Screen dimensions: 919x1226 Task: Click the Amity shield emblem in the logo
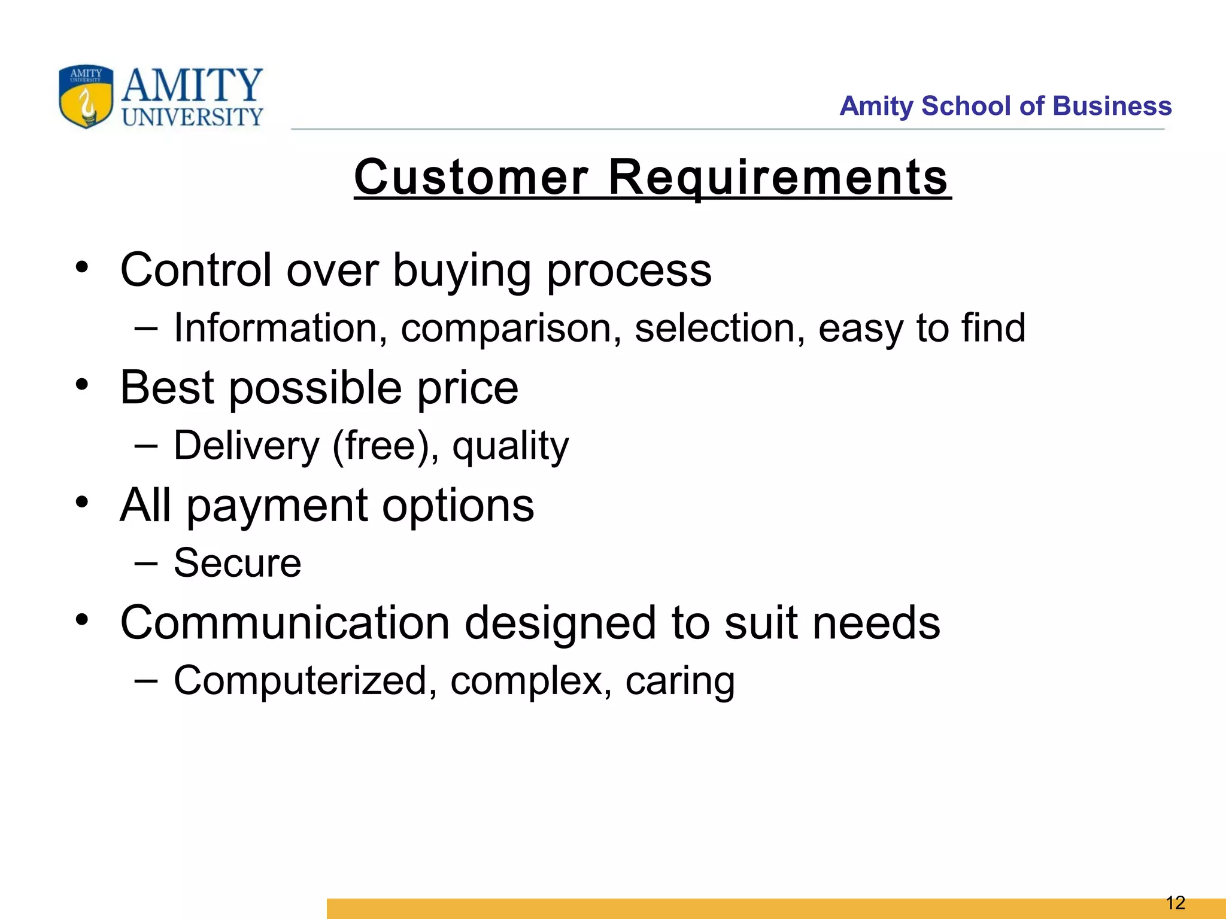pyautogui.click(x=86, y=96)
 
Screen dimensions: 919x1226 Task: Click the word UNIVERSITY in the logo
pyautogui.click(x=192, y=117)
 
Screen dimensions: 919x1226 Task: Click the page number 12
pyautogui.click(x=1176, y=903)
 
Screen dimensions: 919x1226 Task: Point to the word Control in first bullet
pyautogui.click(x=195, y=270)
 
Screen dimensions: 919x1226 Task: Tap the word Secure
pyautogui.click(x=237, y=563)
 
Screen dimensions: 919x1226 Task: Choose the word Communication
pyautogui.click(x=284, y=623)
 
